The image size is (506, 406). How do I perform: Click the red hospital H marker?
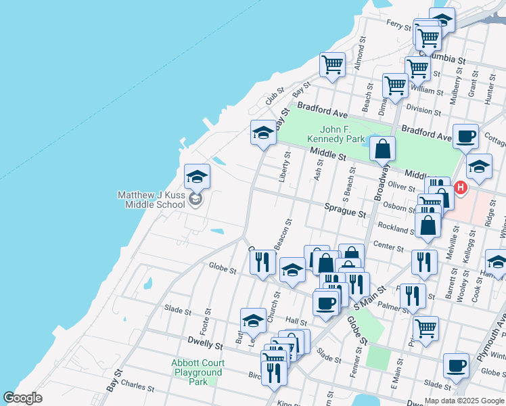click(461, 187)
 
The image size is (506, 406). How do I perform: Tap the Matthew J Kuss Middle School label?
click(151, 199)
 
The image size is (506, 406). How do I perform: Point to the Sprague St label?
click(345, 212)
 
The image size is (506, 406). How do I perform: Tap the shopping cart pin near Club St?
click(332, 65)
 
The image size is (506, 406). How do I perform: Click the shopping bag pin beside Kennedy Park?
click(382, 148)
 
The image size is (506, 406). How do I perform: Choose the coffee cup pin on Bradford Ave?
click(465, 136)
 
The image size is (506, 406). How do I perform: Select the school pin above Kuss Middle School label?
click(197, 177)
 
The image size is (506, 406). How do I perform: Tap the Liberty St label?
click(285, 167)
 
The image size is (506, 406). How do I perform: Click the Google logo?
click(23, 398)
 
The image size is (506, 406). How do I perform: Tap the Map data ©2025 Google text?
click(464, 401)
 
